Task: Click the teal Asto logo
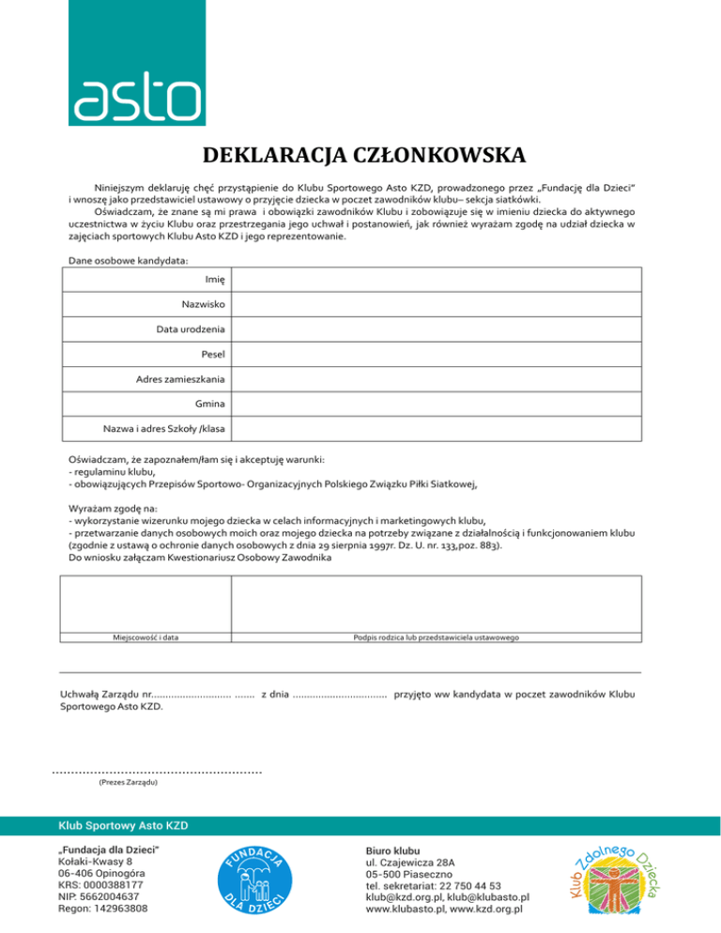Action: coord(137,63)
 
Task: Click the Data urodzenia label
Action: coord(191,329)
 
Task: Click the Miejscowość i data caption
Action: coord(146,637)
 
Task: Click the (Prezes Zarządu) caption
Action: coord(128,782)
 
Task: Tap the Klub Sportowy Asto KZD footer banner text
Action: coord(123,826)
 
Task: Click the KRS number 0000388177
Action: coord(100,885)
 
